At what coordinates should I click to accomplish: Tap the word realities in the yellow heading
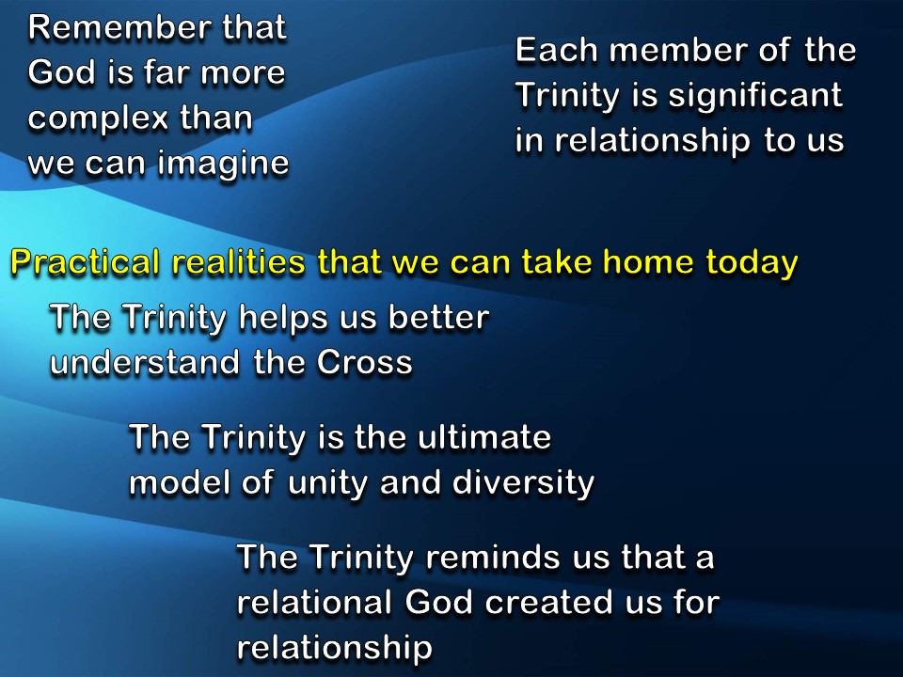click(x=237, y=263)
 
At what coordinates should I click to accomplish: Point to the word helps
click(x=281, y=318)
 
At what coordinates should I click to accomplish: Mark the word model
click(x=176, y=482)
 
